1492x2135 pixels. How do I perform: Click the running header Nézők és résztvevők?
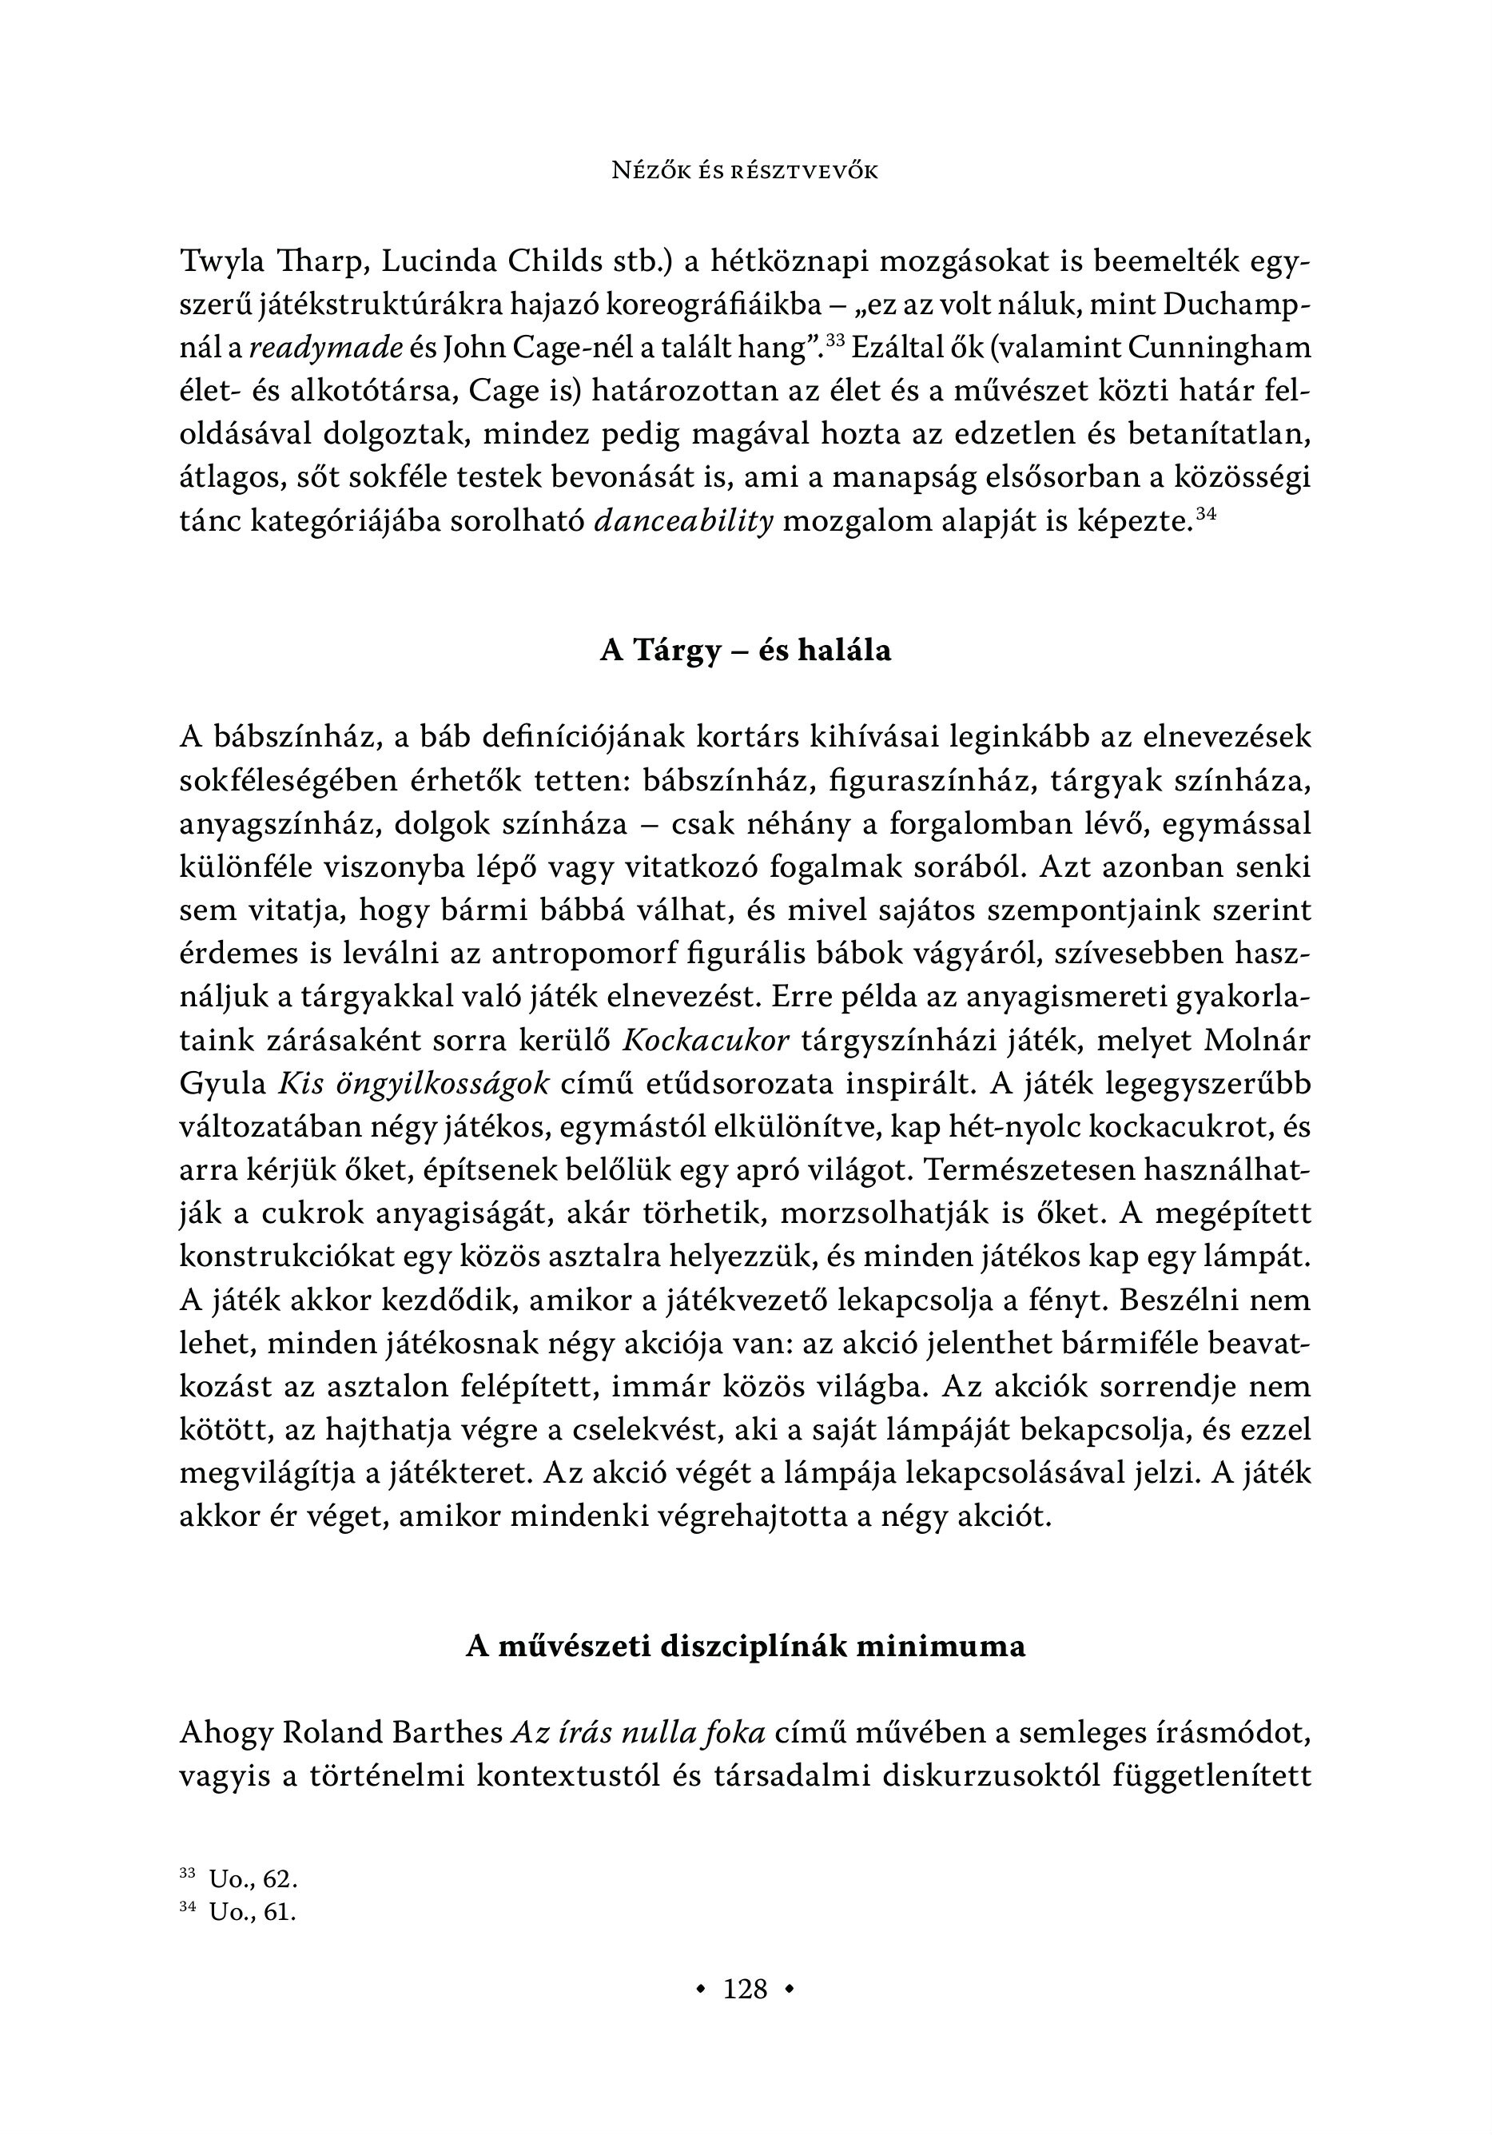pyautogui.click(x=745, y=171)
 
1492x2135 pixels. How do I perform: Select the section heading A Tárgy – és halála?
pyautogui.click(x=745, y=650)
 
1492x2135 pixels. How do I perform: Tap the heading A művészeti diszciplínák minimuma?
pyautogui.click(x=745, y=1646)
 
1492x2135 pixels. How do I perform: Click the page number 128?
pyautogui.click(x=745, y=1989)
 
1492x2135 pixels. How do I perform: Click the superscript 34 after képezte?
pyautogui.click(x=1206, y=512)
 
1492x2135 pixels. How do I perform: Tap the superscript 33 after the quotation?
pyautogui.click(x=833, y=341)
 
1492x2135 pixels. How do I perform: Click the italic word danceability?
pyautogui.click(x=683, y=522)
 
